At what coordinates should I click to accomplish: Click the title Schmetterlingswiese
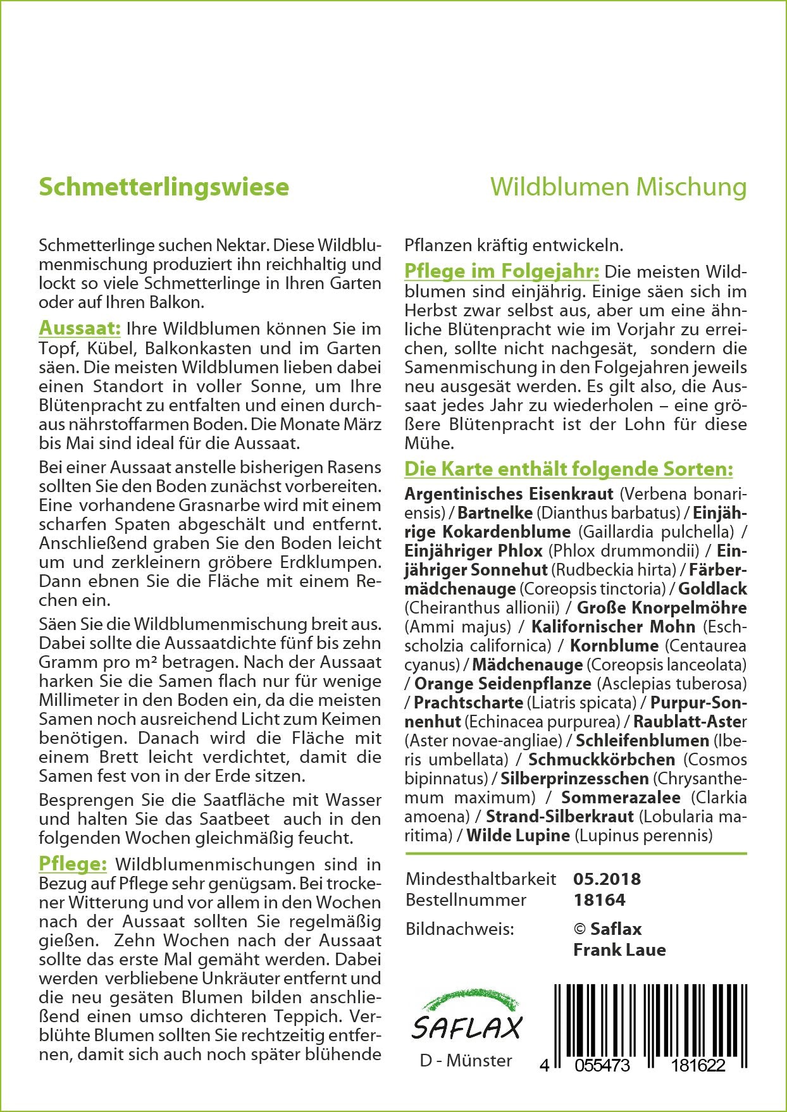point(164,187)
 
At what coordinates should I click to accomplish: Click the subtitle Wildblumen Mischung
point(618,187)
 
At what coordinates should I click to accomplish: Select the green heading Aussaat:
point(80,328)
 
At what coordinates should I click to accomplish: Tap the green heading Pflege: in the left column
point(73,863)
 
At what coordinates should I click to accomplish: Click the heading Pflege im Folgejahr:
point(502,271)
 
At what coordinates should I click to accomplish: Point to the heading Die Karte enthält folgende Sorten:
point(568,469)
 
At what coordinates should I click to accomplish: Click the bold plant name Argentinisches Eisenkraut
point(509,493)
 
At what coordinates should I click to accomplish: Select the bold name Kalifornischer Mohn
point(613,627)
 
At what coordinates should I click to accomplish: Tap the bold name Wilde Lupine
point(518,836)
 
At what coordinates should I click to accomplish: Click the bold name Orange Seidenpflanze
point(502,684)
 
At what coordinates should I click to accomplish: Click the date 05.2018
point(607,879)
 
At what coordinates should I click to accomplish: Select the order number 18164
point(598,899)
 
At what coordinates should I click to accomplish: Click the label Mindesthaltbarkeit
point(481,879)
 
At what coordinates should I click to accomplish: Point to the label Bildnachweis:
point(459,929)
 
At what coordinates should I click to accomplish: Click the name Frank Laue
point(619,949)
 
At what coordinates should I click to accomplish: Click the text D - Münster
point(466,1061)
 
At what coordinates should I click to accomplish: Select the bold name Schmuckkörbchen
point(602,760)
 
